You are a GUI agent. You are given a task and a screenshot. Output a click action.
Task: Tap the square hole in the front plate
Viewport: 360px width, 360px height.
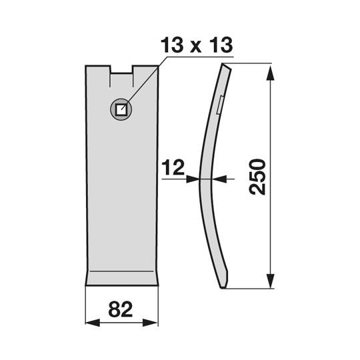tap(121, 109)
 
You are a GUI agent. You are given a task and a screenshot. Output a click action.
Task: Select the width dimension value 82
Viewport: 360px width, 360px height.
tap(122, 311)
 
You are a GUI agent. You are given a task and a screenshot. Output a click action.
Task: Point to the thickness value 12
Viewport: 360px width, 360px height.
tap(171, 167)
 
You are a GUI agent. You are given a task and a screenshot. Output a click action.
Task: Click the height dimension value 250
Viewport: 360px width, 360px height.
tap(257, 177)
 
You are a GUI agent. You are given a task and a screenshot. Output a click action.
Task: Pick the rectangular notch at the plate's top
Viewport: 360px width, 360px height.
tap(121, 69)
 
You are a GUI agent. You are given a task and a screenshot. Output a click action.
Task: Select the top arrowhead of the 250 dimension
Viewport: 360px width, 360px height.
tap(271, 69)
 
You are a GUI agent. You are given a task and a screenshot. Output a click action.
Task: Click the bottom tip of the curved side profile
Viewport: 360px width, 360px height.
tap(224, 287)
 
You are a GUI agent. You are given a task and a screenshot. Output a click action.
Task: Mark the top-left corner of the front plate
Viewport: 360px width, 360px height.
tap(86, 66)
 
